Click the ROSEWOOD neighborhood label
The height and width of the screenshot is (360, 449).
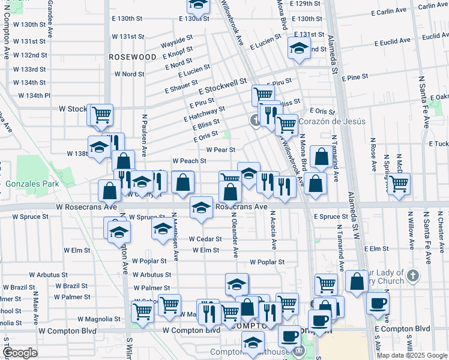[x=133, y=56]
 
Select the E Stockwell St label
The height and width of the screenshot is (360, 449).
[x=223, y=85]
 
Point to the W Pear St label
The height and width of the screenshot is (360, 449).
[x=220, y=150]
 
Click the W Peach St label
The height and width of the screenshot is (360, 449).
[x=189, y=161]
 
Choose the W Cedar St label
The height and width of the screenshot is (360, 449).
[x=205, y=239]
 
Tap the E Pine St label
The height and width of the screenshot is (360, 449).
[x=355, y=77]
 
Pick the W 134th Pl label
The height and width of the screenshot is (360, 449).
[x=34, y=95]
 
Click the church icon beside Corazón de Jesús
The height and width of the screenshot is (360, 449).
[x=256, y=121]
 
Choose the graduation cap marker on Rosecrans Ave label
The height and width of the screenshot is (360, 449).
[x=201, y=208]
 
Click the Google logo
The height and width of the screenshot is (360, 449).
[x=20, y=353]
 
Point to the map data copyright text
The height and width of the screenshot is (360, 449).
[x=411, y=355]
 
